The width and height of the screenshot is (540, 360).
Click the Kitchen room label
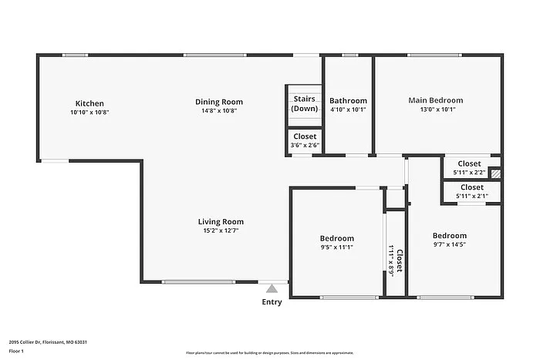pos(89,103)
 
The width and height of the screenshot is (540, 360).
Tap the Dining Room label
pos(219,102)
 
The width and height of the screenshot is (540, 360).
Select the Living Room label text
pos(220,221)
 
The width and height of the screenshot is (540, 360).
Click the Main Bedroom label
pos(436,100)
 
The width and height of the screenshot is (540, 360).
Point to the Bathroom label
pos(348,101)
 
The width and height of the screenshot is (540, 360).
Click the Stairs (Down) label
pos(304,103)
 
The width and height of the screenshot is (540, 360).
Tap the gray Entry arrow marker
pos(272,289)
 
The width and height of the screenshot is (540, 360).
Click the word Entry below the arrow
pos(272,302)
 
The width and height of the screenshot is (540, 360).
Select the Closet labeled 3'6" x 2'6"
pos(305,136)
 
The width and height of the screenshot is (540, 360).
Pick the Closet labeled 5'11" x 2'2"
pos(469,163)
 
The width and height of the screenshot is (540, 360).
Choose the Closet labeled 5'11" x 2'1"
pos(471,187)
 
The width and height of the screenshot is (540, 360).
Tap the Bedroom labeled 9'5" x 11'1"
pos(337,238)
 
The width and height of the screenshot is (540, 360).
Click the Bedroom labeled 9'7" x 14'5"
pos(449,236)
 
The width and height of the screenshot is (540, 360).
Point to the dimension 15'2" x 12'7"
pos(220,230)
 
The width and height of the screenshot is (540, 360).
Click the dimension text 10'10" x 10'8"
pos(89,113)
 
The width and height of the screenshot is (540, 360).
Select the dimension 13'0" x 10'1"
pos(436,109)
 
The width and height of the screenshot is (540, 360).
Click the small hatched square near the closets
pos(495,174)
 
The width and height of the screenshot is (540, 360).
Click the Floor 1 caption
pos(16,352)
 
